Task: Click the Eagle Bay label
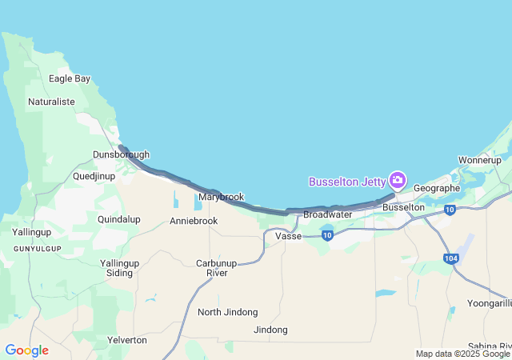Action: pos(70,78)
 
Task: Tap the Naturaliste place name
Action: pos(51,102)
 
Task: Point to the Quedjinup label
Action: pos(94,175)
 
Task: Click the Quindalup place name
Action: pos(118,219)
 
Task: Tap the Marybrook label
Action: pos(221,197)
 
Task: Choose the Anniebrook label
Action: pos(194,221)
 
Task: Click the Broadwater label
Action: pos(328,214)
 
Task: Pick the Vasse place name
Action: pos(288,236)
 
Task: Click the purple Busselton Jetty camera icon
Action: pos(398,181)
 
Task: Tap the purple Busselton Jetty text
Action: pos(347,182)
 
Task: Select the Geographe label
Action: pos(437,188)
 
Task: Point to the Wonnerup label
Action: pos(479,160)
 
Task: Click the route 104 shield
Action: pos(453,258)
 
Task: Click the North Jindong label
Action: pos(228,312)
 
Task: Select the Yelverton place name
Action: pos(127,340)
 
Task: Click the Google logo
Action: pos(26,350)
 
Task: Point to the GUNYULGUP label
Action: pos(37,250)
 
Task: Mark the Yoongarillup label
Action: pos(482,303)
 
